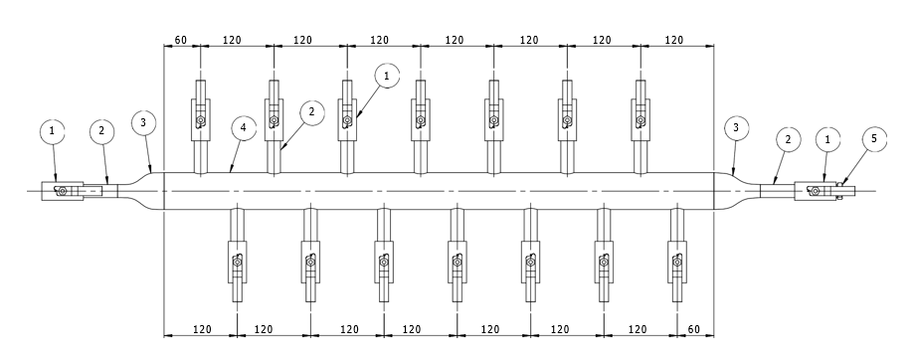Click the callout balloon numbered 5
click(x=873, y=139)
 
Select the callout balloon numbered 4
click(x=244, y=128)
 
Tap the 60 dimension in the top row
click(x=181, y=40)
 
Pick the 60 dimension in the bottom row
click(x=694, y=329)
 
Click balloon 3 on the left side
click(x=143, y=122)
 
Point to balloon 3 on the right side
click(x=736, y=128)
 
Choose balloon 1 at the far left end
click(x=53, y=131)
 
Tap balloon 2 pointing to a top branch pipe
click(x=311, y=112)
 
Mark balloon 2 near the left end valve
click(x=102, y=131)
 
